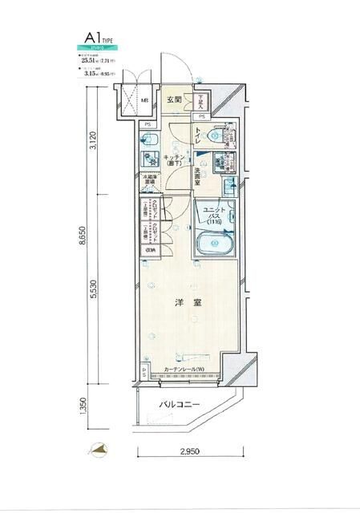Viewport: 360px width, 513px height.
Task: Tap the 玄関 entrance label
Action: click(x=174, y=100)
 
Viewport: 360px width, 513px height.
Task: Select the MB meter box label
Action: click(x=144, y=101)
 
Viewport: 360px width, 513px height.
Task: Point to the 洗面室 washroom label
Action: click(x=200, y=172)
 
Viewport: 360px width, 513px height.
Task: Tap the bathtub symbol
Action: click(x=213, y=243)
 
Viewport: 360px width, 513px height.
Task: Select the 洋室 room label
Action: click(x=186, y=304)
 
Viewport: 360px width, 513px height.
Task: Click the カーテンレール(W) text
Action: click(x=184, y=370)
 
